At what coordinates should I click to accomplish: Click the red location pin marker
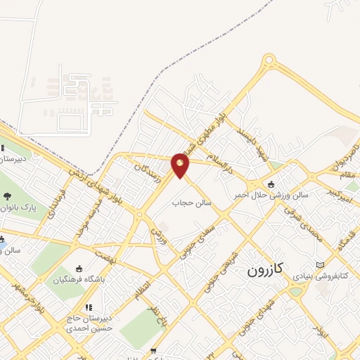coord(181,166)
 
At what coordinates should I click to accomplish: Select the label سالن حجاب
coord(192,202)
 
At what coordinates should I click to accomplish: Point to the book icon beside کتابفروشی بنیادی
coord(321,264)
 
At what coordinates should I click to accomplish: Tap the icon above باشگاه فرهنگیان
coord(79,269)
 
